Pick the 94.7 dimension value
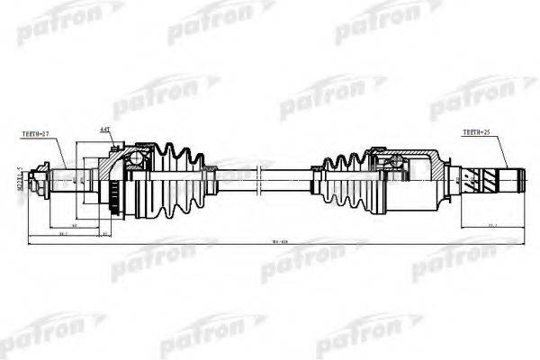tap(64, 233)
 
